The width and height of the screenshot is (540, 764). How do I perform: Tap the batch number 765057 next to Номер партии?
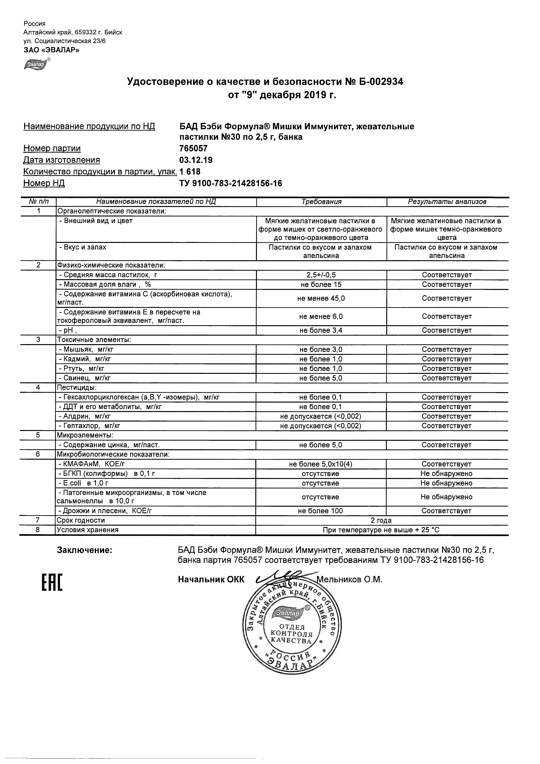[193, 149]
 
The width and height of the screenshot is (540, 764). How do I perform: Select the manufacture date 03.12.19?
[196, 160]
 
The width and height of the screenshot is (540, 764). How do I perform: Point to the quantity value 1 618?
[190, 172]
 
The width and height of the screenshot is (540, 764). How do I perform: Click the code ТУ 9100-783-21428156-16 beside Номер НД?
[230, 183]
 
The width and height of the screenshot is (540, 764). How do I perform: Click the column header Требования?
[321, 202]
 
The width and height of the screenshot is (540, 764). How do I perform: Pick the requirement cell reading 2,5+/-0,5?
[321, 275]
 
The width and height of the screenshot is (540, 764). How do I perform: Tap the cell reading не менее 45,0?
[321, 298]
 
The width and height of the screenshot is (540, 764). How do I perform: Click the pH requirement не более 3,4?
[321, 330]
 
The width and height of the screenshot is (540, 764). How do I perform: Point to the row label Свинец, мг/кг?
[85, 378]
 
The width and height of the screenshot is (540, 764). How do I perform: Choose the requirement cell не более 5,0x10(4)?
[321, 464]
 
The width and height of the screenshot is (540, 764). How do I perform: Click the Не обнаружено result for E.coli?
[446, 483]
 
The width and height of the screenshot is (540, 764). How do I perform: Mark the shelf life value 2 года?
[381, 520]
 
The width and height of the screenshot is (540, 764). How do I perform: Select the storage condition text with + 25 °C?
[381, 530]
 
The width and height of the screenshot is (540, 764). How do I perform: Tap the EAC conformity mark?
[52, 583]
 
